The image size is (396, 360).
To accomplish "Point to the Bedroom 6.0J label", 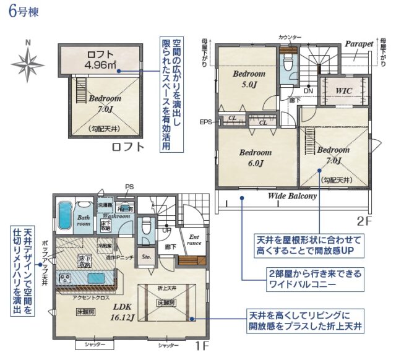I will pyautogui.click(x=256, y=158).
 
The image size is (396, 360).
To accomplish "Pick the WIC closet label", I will pyautogui.click(x=344, y=90).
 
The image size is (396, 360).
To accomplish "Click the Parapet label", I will pyautogui.click(x=359, y=45).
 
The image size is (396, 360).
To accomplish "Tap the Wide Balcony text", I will pyautogui.click(x=292, y=196).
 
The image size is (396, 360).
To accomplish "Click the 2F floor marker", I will pyautogui.click(x=364, y=220).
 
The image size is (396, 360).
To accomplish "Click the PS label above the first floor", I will pyautogui.click(x=129, y=186).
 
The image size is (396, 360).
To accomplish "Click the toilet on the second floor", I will pyautogui.click(x=286, y=63).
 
